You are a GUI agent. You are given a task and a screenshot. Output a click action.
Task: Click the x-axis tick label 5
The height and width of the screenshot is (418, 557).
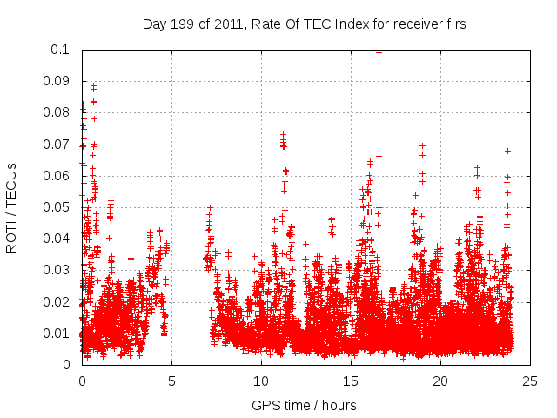[x=171, y=381]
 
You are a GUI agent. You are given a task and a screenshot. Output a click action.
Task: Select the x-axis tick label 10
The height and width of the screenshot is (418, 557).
[x=261, y=381]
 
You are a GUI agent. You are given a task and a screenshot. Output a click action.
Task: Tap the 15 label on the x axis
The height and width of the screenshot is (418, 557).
[x=351, y=381]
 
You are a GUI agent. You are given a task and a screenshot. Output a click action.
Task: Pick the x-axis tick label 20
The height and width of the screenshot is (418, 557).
[x=440, y=381]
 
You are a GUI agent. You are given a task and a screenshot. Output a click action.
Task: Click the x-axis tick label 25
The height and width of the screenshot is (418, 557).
[x=530, y=381]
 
